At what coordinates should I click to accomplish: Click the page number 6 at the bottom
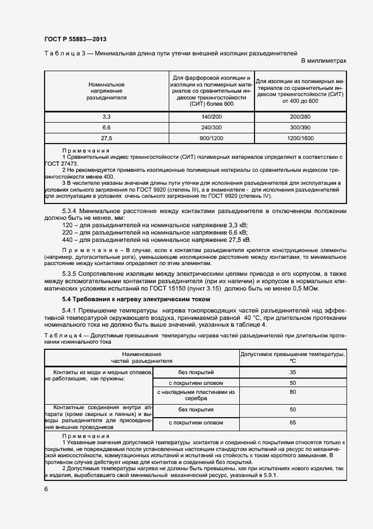tap(46, 488)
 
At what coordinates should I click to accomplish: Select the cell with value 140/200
tap(211, 116)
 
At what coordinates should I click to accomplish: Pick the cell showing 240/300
tap(211, 127)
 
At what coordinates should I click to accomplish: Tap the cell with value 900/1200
tap(211, 137)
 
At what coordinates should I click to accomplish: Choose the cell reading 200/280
tap(300, 116)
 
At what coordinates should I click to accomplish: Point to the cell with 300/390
tap(300, 127)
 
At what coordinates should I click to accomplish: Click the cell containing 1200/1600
tap(300, 137)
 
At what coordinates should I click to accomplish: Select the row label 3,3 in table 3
tap(106, 116)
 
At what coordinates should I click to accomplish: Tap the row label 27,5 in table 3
tap(106, 137)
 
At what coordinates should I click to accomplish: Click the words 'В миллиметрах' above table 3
tap(323, 60)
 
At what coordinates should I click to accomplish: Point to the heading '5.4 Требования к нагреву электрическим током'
tap(135, 299)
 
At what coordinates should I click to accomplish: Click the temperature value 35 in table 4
tap(292, 372)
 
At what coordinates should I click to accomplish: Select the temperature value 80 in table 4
tap(292, 392)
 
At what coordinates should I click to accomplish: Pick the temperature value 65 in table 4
tap(292, 422)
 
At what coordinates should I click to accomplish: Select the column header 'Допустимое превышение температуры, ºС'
tap(292, 357)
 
